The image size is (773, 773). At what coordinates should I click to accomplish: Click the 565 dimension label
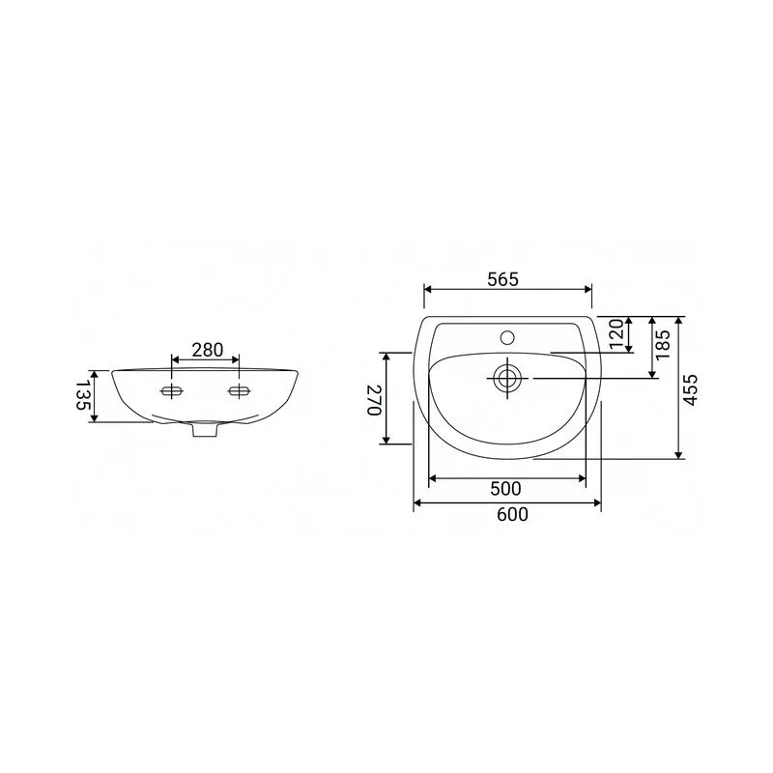pos(502,279)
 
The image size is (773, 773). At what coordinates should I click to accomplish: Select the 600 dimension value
pos(512,514)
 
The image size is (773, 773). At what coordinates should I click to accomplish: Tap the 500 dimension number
pos(505,489)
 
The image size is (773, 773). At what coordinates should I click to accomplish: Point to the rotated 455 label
pos(691,390)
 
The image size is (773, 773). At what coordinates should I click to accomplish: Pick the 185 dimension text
pos(663,344)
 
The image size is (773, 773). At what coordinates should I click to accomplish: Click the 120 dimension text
pos(616,333)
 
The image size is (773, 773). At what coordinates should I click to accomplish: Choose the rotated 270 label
pos(375,400)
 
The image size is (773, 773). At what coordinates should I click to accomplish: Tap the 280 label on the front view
pos(208,350)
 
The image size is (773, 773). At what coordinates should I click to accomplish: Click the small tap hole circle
pos(507,337)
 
